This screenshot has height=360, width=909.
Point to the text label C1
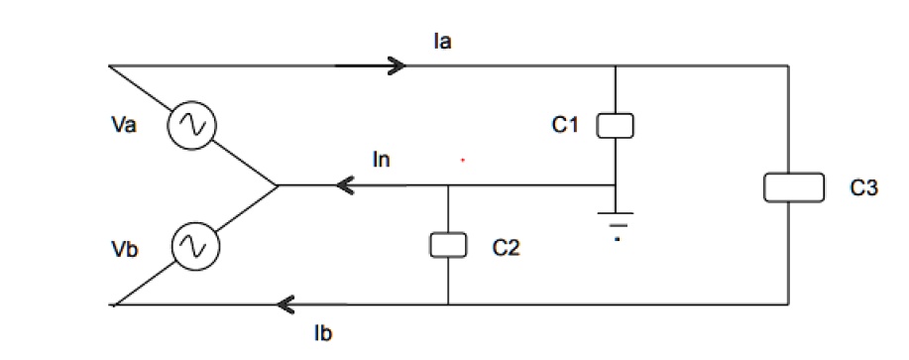click(566, 125)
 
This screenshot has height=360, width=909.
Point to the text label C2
click(506, 247)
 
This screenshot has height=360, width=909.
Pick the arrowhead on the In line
click(347, 185)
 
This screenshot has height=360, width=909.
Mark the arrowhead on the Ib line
click(288, 303)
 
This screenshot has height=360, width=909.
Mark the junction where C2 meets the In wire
click(448, 185)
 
